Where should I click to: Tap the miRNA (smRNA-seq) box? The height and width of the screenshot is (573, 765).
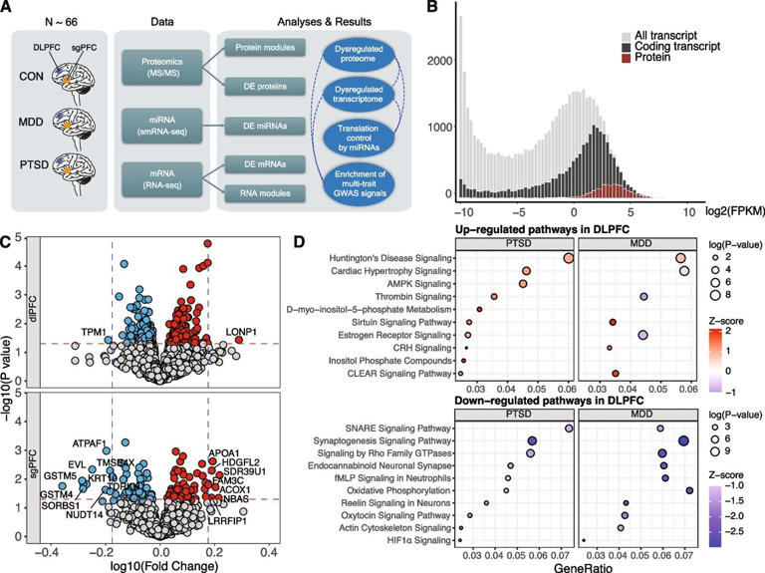(x=161, y=133)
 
